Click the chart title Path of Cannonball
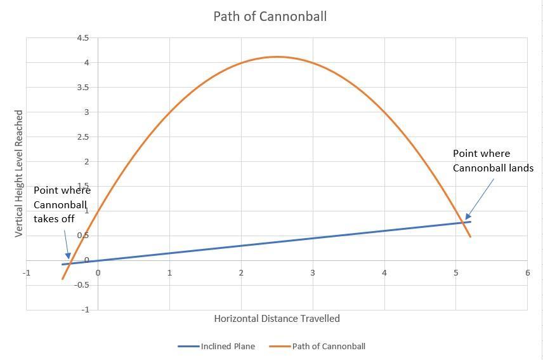tap(270, 17)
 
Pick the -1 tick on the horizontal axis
tap(27, 273)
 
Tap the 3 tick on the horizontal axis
tap(313, 273)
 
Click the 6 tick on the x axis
tap(527, 273)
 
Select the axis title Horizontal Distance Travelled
tap(277, 319)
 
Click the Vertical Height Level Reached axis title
tap(19, 173)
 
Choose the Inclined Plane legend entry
tap(216, 347)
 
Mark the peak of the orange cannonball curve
tap(277, 57)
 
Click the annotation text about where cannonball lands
tap(492, 161)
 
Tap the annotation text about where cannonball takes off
tap(62, 204)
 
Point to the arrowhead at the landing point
tap(467, 217)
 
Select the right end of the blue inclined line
tap(471, 222)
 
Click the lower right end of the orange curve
tap(470, 237)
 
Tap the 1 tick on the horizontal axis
tap(169, 273)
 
